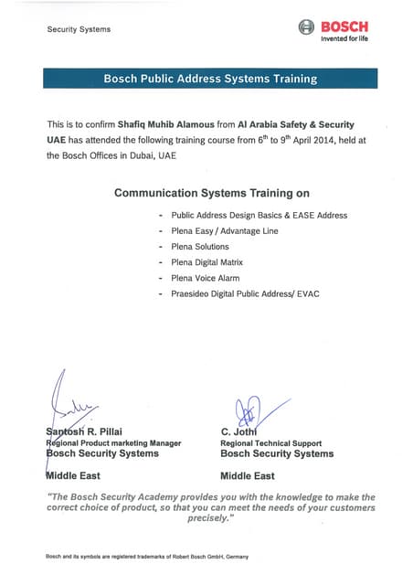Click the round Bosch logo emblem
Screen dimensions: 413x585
306,27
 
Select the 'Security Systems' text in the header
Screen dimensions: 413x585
79,29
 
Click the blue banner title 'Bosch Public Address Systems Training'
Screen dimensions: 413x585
210,79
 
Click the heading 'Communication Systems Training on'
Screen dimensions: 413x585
211,193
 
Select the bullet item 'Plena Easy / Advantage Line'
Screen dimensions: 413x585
224,230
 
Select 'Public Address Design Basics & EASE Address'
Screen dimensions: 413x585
259,215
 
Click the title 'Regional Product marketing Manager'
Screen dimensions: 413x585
113,442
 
